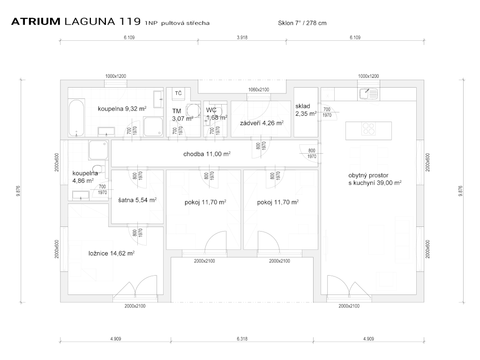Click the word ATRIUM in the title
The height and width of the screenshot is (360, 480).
(x=35, y=22)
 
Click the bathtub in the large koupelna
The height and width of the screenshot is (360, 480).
(x=76, y=118)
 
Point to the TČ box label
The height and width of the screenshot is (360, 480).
(x=178, y=93)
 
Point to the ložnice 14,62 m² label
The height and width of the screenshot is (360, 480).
(x=112, y=253)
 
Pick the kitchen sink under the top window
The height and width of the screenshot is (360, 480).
(x=368, y=94)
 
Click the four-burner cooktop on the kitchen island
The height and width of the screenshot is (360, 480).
(x=368, y=129)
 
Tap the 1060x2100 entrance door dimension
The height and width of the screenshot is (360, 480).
(x=258, y=90)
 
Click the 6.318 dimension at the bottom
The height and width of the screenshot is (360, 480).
(x=242, y=338)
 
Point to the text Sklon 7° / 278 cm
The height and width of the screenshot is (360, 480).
(x=302, y=23)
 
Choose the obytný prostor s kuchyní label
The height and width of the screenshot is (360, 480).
(x=375, y=180)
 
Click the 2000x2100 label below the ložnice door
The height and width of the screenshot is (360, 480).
(x=135, y=306)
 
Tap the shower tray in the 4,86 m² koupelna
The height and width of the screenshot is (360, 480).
(x=98, y=151)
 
